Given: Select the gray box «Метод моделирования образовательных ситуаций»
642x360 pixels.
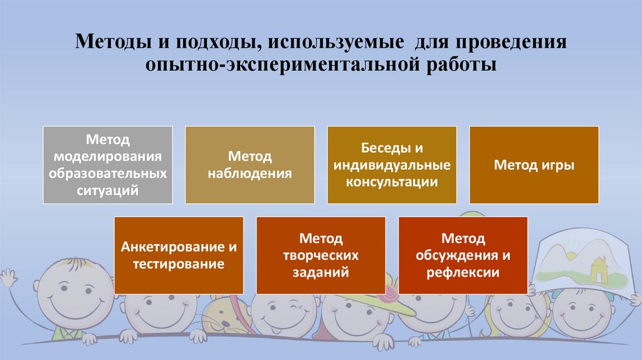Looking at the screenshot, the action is point(108,164).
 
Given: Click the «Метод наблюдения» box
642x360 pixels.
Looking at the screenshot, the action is point(250,164).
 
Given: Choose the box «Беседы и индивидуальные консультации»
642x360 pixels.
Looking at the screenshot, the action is point(392,164).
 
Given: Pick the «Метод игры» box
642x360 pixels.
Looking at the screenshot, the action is point(534,164).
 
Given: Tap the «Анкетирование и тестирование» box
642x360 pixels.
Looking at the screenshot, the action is point(179,255).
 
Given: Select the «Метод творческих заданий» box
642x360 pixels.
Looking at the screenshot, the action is point(320,255).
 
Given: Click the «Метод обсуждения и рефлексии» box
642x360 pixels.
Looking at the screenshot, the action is point(463,255).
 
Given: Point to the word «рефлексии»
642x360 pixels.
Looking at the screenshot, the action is point(463,272).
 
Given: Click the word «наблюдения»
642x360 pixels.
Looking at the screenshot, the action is point(250,173).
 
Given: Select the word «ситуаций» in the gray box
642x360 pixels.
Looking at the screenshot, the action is point(108,190).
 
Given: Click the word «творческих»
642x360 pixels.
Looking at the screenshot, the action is point(320,255).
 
